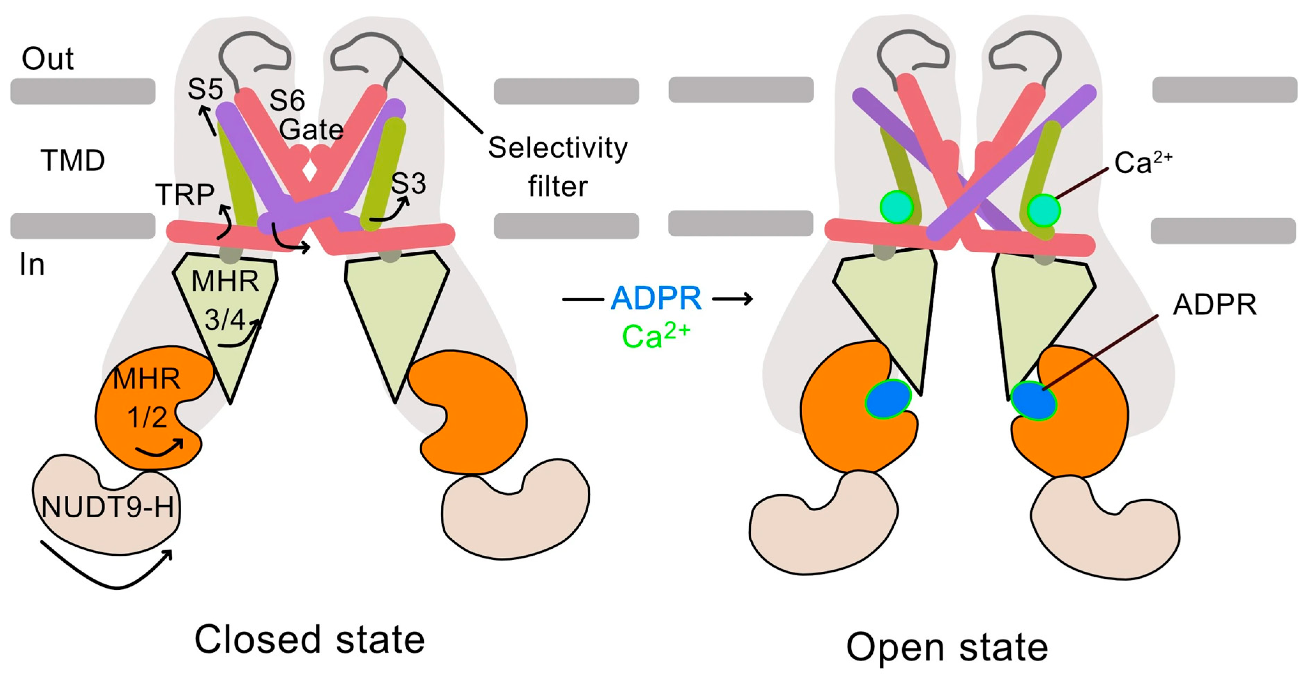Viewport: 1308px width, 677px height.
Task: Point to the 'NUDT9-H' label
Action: pos(108,507)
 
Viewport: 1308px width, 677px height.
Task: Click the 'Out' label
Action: pos(48,59)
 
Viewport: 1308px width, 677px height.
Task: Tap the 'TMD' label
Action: pos(72,160)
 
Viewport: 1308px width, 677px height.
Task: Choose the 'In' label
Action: pos(31,265)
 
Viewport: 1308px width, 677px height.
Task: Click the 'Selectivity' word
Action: pos(558,148)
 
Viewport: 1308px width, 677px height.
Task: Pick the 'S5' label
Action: pos(205,89)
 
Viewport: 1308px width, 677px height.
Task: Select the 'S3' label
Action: pos(408,183)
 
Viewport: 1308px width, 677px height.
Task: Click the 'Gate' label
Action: pos(311,130)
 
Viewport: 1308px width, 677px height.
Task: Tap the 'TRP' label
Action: pos(185,195)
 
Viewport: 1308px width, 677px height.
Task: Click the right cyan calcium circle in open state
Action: pos(1043,210)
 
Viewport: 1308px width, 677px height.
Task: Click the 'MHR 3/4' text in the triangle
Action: pos(225,301)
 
